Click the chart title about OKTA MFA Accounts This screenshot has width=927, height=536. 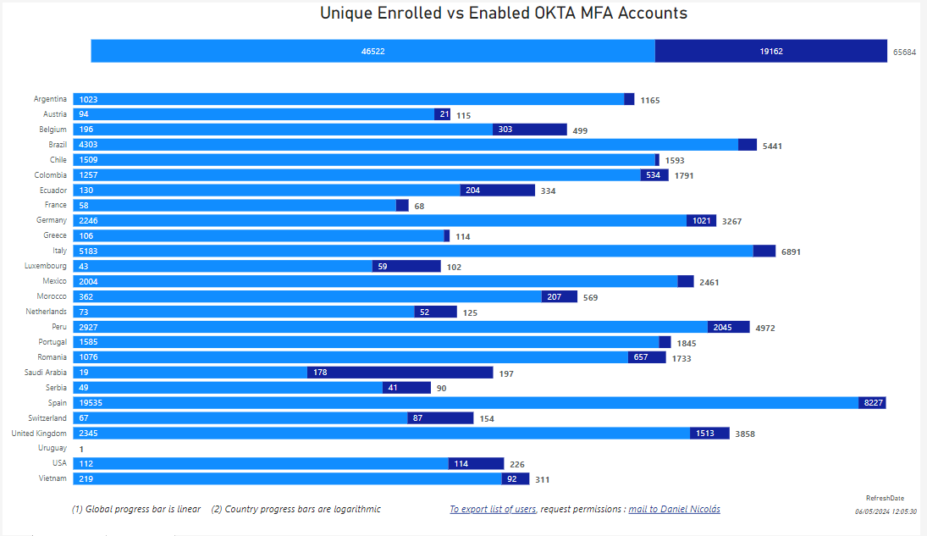pyautogui.click(x=503, y=14)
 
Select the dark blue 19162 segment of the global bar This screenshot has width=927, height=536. pyautogui.click(x=770, y=51)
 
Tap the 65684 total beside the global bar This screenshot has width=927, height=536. pyautogui.click(x=904, y=52)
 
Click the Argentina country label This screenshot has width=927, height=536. pyautogui.click(x=50, y=99)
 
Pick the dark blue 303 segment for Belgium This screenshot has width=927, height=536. pyautogui.click(x=530, y=130)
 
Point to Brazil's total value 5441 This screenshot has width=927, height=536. pyautogui.click(x=772, y=146)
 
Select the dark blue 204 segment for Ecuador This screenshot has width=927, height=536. pyautogui.click(x=498, y=191)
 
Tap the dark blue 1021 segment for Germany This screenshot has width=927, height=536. pyautogui.click(x=702, y=221)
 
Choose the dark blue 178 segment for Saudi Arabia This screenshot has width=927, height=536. pyautogui.click(x=400, y=373)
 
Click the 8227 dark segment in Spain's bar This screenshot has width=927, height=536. pyautogui.click(x=873, y=403)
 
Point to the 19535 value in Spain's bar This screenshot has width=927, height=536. pyautogui.click(x=91, y=403)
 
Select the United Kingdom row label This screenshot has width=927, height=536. pyautogui.click(x=39, y=434)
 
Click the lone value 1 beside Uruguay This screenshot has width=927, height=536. pyautogui.click(x=81, y=449)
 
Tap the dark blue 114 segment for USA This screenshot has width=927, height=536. pyautogui.click(x=476, y=463)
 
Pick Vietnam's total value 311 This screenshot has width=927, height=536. pyautogui.click(x=542, y=479)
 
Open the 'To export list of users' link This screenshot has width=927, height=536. pyautogui.click(x=492, y=510)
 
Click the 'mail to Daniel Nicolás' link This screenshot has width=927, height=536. pyautogui.click(x=674, y=510)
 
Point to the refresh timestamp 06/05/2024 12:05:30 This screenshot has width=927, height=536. pyautogui.click(x=886, y=511)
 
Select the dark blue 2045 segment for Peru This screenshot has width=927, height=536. pyautogui.click(x=728, y=327)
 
